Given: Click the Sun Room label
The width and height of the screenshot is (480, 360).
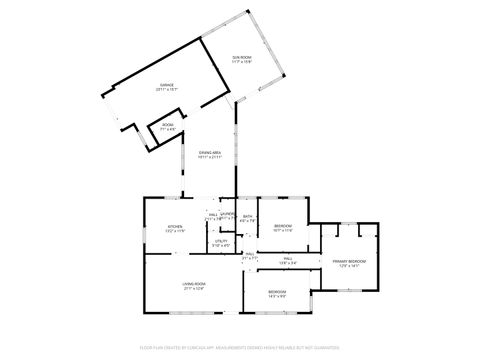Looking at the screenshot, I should point(241,58).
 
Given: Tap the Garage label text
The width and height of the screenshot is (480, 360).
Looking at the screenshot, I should point(167,85).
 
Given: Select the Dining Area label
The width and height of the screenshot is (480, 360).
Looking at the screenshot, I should point(209,152).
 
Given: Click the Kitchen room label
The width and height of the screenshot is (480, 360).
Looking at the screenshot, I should point(175,227).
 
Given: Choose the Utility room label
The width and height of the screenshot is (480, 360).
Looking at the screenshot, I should point(221,241).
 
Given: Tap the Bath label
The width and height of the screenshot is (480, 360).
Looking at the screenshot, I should point(247,216).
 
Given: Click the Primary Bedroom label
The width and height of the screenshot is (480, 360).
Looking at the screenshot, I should point(350,261).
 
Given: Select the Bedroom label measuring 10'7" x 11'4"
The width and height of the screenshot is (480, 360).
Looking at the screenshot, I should point(283,226).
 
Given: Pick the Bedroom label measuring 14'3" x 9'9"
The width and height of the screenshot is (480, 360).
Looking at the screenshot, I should point(277,291).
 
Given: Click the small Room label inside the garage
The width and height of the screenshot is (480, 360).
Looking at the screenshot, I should point(167,126).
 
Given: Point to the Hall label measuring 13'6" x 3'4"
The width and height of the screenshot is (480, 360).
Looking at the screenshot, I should point(287,259).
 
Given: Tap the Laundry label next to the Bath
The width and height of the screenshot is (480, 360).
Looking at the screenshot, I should point(229,214).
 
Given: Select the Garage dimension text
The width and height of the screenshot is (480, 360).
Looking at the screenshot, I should point(167,90).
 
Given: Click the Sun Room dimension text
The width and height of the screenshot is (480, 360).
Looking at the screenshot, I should point(241,63).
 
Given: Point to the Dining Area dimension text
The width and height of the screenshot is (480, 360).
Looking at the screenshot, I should point(209,157).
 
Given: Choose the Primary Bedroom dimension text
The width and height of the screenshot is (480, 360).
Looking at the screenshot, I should point(350,266).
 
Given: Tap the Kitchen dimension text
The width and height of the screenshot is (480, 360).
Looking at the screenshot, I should point(175,232).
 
